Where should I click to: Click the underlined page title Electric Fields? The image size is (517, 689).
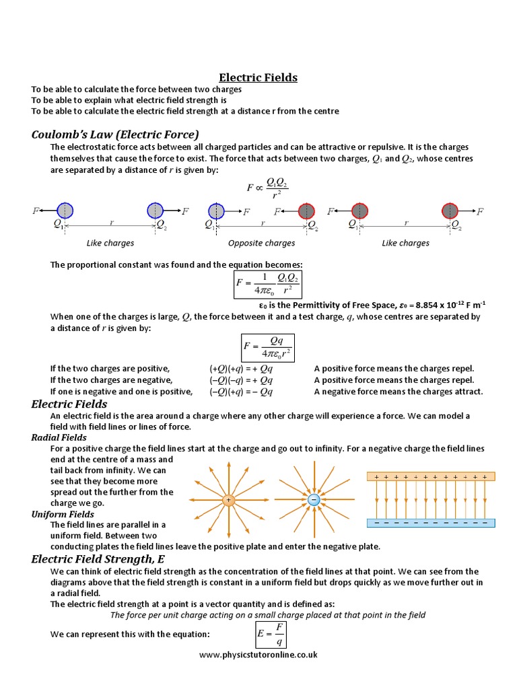click(x=258, y=77)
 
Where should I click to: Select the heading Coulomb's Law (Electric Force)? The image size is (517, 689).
click(x=115, y=134)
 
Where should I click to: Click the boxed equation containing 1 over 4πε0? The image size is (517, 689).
click(x=267, y=283)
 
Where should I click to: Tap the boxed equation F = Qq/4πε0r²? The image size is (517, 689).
click(x=267, y=347)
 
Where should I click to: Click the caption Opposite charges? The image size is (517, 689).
click(x=262, y=243)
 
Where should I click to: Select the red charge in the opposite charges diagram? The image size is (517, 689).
click(x=306, y=211)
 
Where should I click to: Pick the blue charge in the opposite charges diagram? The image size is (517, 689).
click(x=216, y=211)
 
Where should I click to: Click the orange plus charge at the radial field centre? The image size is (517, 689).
click(x=228, y=500)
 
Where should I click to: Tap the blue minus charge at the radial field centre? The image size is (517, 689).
click(x=313, y=500)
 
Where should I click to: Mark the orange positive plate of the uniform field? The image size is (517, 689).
click(x=431, y=476)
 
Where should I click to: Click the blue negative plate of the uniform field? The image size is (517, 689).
click(x=431, y=523)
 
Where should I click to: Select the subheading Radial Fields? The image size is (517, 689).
click(x=59, y=437)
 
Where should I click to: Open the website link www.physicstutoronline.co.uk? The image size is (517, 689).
click(x=258, y=654)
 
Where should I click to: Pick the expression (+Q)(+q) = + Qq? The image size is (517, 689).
click(x=241, y=369)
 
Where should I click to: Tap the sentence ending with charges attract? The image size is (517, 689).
click(x=399, y=392)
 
